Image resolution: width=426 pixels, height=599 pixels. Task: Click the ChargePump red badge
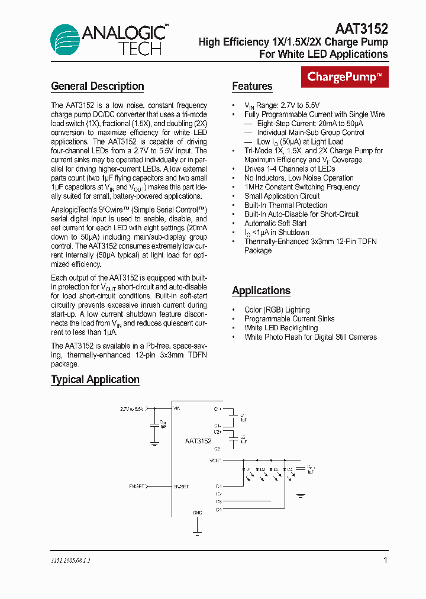click(x=345, y=77)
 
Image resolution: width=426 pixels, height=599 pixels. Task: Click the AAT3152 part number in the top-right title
click(x=362, y=28)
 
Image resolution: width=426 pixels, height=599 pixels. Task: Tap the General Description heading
click(x=98, y=86)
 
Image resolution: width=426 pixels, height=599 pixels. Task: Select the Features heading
click(x=252, y=86)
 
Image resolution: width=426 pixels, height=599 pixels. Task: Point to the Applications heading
click(x=261, y=291)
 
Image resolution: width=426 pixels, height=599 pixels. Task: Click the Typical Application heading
click(x=95, y=379)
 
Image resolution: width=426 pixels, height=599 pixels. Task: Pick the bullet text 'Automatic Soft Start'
click(x=276, y=223)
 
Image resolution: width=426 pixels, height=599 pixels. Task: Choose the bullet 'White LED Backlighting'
click(x=281, y=328)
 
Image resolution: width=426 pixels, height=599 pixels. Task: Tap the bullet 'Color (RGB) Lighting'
click(x=277, y=310)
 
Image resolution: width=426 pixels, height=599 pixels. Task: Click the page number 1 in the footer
click(x=385, y=560)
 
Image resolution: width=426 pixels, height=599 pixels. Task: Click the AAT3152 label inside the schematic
click(x=198, y=440)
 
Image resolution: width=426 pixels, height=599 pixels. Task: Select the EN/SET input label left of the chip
click(x=137, y=486)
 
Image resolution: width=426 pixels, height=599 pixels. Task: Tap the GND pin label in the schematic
click(x=197, y=513)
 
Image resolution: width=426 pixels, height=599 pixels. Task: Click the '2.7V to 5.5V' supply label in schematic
click(x=131, y=408)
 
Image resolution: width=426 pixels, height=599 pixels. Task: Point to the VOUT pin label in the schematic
click(x=215, y=460)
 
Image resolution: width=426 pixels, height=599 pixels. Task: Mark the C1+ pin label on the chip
click(x=217, y=408)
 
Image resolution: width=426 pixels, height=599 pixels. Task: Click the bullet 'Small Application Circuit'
click(x=282, y=196)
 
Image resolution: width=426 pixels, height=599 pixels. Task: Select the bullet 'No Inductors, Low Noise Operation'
click(x=299, y=178)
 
